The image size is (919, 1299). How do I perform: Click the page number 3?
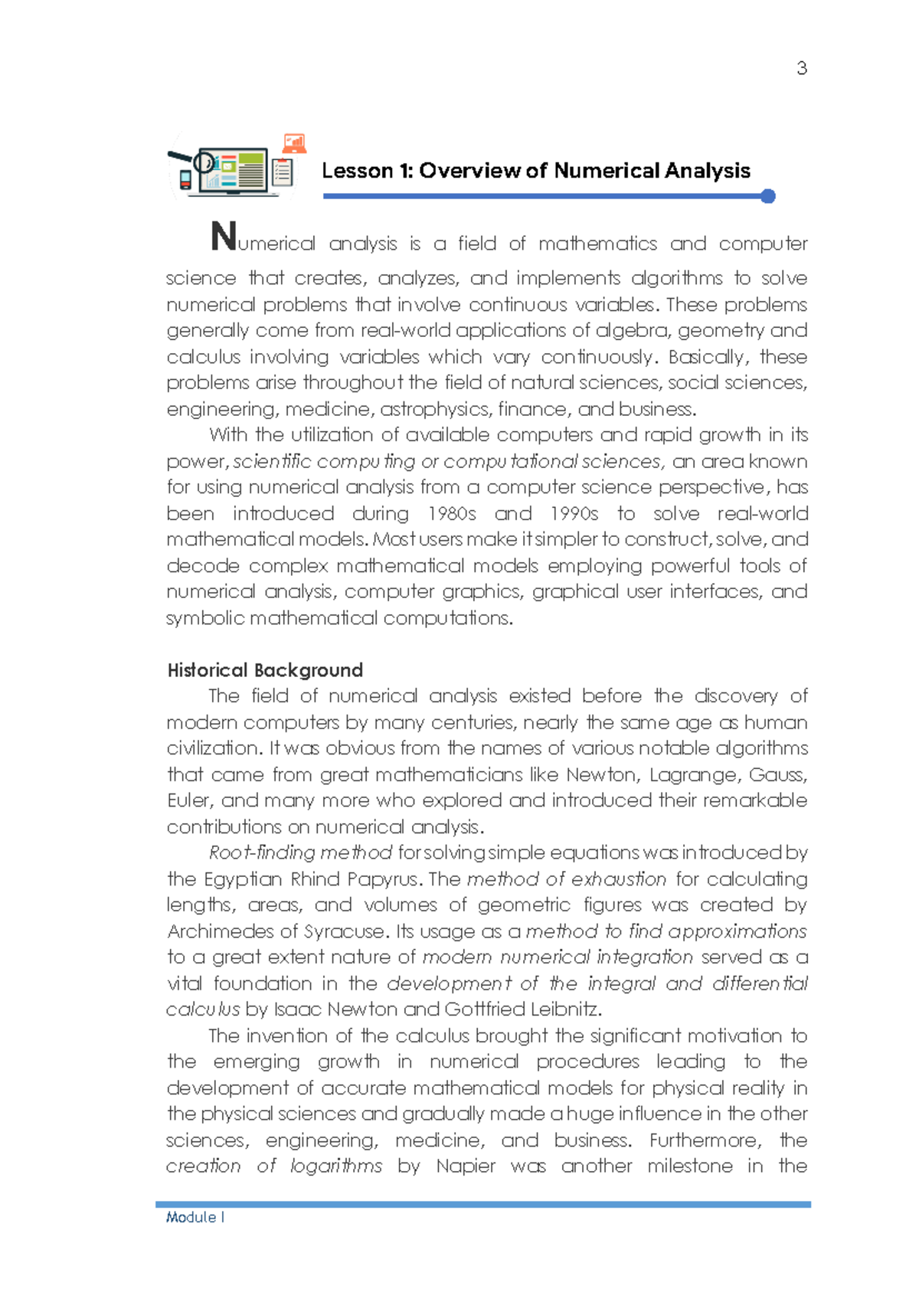point(802,69)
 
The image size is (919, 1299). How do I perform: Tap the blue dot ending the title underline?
point(768,197)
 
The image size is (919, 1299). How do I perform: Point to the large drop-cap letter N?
point(224,237)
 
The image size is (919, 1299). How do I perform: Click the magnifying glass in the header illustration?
point(202,162)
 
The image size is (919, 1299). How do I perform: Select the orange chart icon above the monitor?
point(294,143)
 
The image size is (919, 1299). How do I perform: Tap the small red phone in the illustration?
point(185,180)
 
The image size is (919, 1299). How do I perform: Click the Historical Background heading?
point(265,670)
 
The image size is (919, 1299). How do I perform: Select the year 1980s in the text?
point(452,514)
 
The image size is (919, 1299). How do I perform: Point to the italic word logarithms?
point(335,1166)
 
